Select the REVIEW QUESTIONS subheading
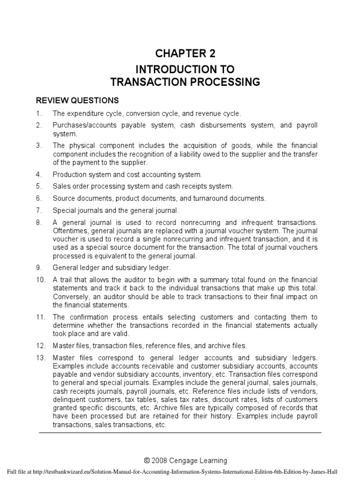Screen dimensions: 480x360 coord(77,101)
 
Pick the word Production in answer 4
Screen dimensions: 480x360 coord(69,174)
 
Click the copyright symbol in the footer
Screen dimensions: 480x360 coord(148,460)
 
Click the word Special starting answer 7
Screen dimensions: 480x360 coord(64,211)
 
